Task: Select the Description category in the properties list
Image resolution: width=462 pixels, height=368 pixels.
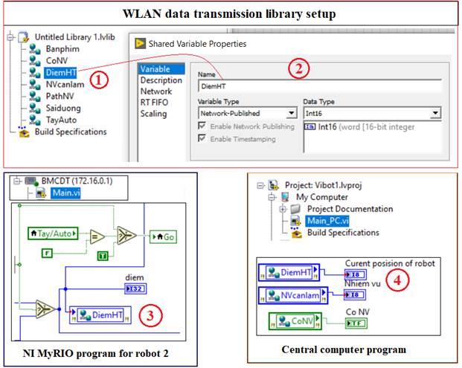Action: [x=161, y=80]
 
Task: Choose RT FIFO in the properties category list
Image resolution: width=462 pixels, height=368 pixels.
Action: [x=157, y=103]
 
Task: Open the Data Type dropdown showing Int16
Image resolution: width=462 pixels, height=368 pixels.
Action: [x=372, y=114]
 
